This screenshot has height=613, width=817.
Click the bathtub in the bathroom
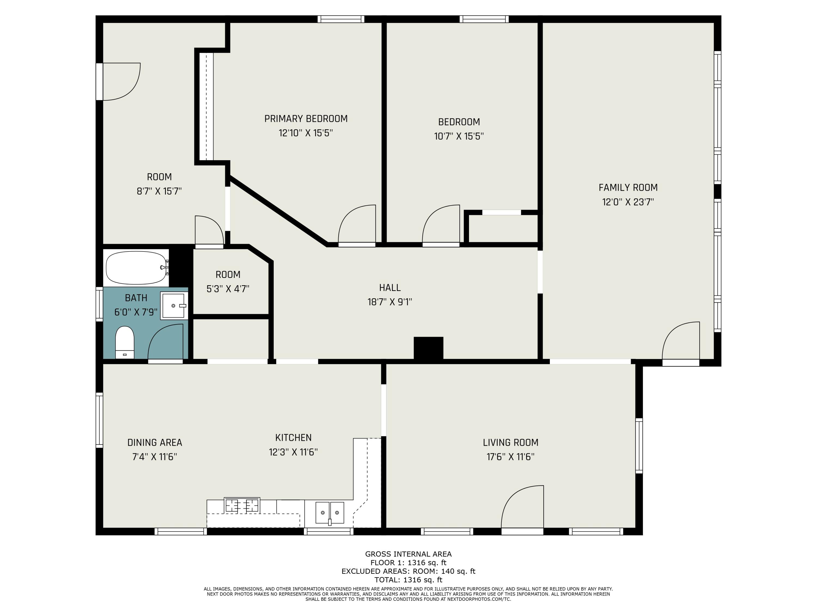tap(137, 268)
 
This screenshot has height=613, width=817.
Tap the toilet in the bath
tap(125, 342)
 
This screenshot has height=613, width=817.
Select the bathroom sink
tap(174, 305)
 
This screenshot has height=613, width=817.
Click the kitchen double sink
tap(330, 513)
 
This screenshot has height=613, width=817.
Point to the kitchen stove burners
tap(242, 505)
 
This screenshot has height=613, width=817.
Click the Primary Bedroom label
tap(306, 119)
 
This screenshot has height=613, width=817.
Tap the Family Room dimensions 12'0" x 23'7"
tap(628, 202)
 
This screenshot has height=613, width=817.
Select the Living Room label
tap(510, 442)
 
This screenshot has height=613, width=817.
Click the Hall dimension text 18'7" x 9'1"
tap(390, 302)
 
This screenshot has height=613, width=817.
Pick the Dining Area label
tap(155, 442)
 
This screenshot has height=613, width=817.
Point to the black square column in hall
tap(428, 348)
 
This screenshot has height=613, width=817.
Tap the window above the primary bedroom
tap(341, 19)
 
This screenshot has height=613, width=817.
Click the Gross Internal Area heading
tap(408, 554)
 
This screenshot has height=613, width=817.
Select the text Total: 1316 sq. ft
tap(408, 580)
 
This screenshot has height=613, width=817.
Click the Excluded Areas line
tap(408, 571)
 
